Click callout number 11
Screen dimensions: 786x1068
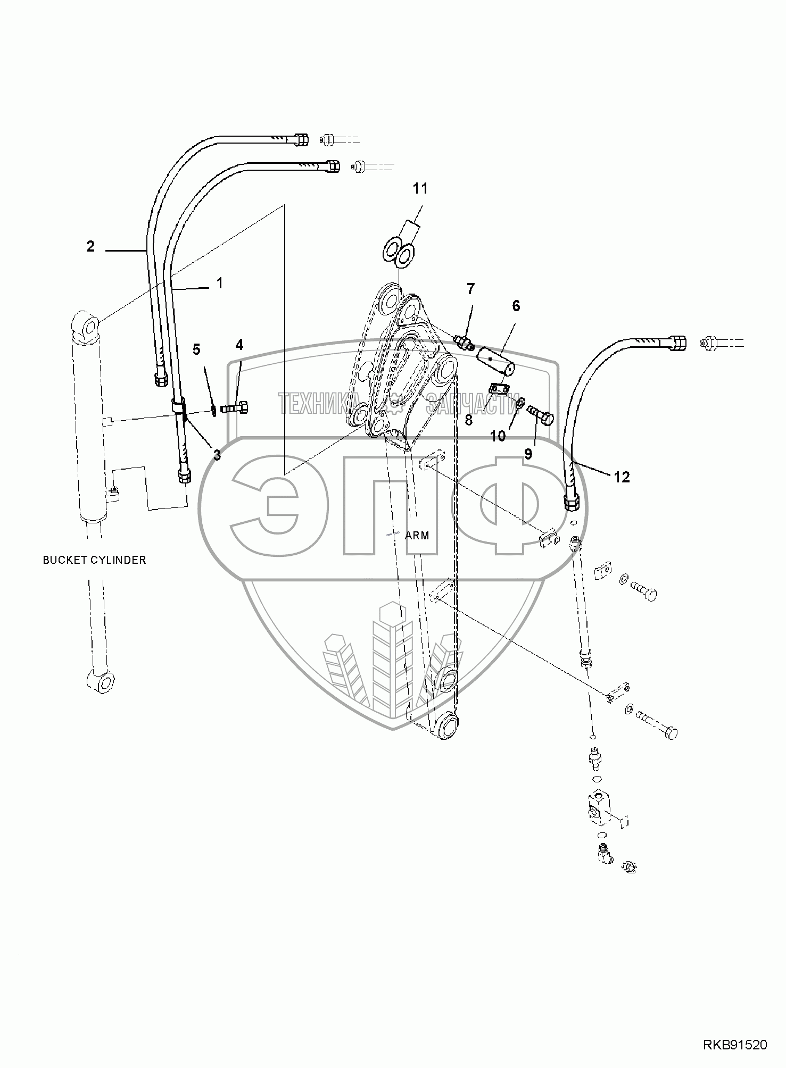[420, 189]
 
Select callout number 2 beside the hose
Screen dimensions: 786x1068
[90, 247]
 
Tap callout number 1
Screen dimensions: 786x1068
[219, 283]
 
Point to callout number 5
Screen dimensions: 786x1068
[196, 349]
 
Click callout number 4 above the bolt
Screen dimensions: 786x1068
[239, 346]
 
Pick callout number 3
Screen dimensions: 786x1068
[217, 455]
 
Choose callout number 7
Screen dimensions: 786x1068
[470, 289]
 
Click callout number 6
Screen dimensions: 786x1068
[516, 306]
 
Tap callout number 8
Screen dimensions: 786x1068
[468, 420]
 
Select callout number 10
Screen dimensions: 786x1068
[498, 437]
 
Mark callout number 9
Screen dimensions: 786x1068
[528, 454]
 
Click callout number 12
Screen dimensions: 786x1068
[622, 477]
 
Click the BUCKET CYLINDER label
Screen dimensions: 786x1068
[94, 560]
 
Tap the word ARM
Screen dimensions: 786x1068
[417, 535]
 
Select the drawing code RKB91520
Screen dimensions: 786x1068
[735, 1045]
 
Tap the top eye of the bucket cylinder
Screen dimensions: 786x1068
[89, 324]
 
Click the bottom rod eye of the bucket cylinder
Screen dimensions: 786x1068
[101, 681]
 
